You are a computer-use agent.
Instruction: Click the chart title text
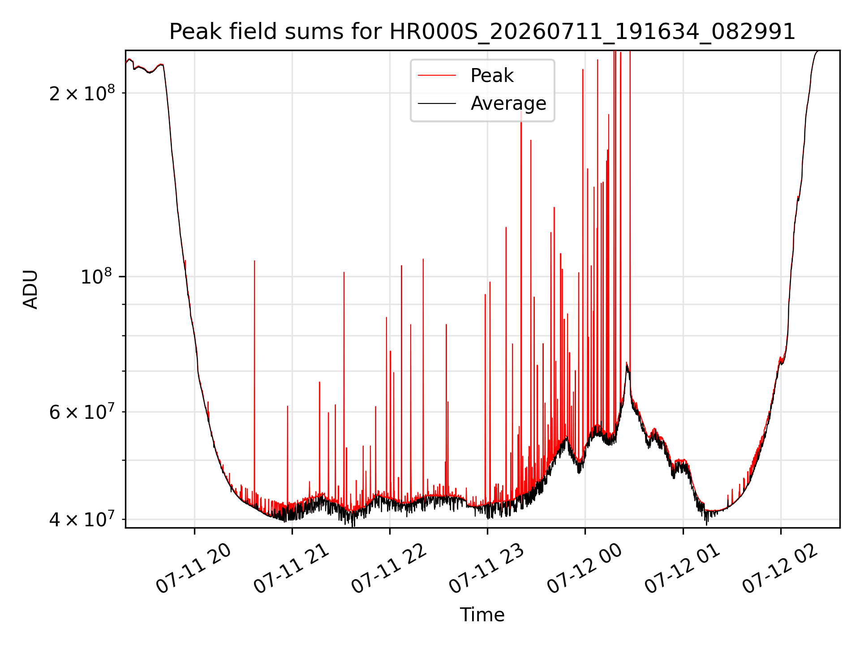[x=482, y=32]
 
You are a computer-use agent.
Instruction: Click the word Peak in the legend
[x=492, y=76]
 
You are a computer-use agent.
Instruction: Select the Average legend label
[x=508, y=103]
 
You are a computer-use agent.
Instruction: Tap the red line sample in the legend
[x=437, y=76]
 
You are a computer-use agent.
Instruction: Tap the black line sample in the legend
[x=437, y=103]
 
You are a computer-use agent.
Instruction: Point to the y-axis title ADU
[x=30, y=289]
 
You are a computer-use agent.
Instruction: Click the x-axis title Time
[x=482, y=615]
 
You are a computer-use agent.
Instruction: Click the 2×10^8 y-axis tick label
[x=82, y=93]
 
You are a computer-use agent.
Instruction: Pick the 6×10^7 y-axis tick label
[x=82, y=412]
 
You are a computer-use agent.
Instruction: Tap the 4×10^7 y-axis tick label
[x=82, y=519]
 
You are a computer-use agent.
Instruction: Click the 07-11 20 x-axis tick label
[x=193, y=569]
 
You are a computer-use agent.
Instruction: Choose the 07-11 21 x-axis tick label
[x=291, y=569]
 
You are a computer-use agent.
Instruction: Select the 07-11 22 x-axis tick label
[x=389, y=569]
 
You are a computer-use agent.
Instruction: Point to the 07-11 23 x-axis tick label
[x=486, y=569]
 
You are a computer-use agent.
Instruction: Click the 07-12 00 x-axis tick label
[x=584, y=569]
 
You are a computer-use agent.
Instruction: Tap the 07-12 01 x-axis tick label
[x=682, y=569]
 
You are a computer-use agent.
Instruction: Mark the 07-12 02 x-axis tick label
[x=780, y=569]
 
